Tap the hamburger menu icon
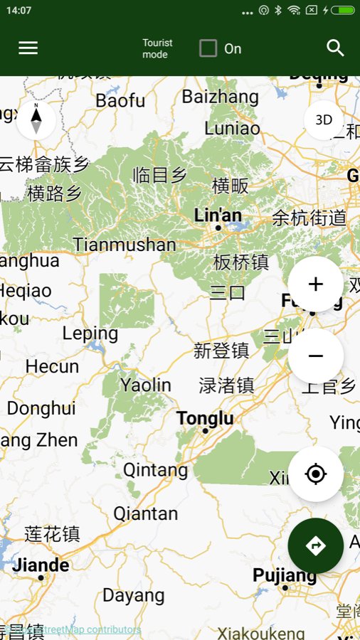click(x=28, y=48)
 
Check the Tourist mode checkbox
click(x=208, y=48)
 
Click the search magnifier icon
click(x=335, y=48)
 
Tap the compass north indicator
click(x=36, y=119)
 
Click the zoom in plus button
click(x=315, y=284)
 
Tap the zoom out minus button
click(x=315, y=356)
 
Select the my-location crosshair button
click(x=315, y=474)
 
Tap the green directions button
click(x=315, y=545)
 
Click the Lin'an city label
click(x=218, y=215)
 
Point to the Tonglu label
click(x=205, y=419)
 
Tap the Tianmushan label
click(x=125, y=245)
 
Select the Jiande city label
click(x=42, y=565)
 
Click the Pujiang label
click(x=285, y=575)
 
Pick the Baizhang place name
click(x=220, y=96)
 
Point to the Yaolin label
click(x=146, y=385)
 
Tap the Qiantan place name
click(x=146, y=513)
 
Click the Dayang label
click(x=134, y=595)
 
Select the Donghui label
click(x=41, y=408)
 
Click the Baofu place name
click(x=120, y=101)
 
